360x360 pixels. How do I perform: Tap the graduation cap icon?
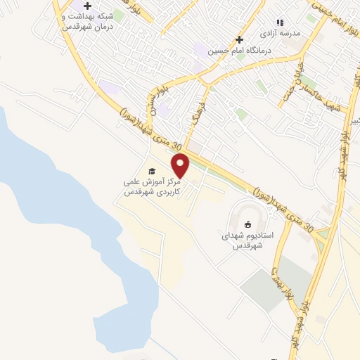click(151, 171)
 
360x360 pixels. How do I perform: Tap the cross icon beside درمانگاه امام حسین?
click(240, 39)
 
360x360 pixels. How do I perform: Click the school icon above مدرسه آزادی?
click(279, 22)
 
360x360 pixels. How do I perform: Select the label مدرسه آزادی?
click(280, 33)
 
